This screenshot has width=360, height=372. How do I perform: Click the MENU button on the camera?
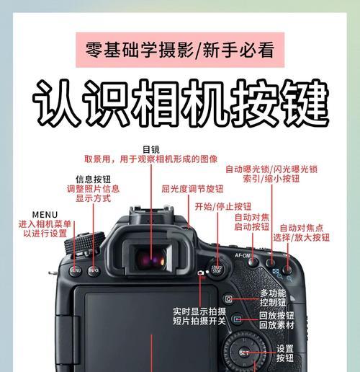click(76, 271)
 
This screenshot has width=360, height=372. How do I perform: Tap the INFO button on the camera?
click(94, 271)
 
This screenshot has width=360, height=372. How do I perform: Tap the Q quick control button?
click(228, 298)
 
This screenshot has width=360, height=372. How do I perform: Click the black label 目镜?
click(151, 149)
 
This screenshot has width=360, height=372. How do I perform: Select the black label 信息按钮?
click(94, 178)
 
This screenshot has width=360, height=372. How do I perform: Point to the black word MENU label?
click(45, 214)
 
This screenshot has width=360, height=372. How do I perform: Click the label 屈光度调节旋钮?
click(192, 189)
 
